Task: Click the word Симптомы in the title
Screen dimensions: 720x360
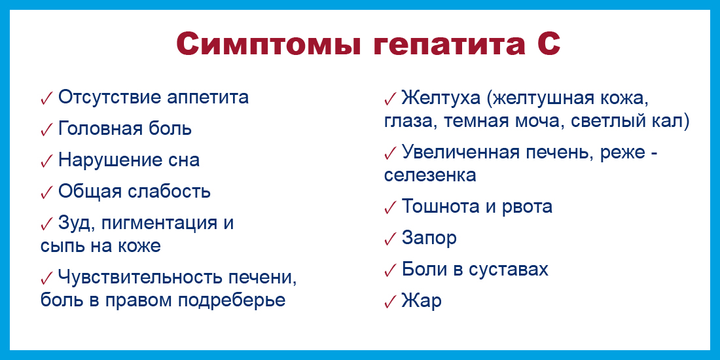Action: [266, 45]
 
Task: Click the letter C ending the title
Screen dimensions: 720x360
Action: [548, 45]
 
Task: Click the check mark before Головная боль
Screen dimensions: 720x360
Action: [47, 130]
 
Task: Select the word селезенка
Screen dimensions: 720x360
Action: [430, 175]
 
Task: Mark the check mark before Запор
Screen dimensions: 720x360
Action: [390, 239]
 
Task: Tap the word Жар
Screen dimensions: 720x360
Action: [422, 301]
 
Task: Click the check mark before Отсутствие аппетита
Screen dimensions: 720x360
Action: [47, 98]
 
